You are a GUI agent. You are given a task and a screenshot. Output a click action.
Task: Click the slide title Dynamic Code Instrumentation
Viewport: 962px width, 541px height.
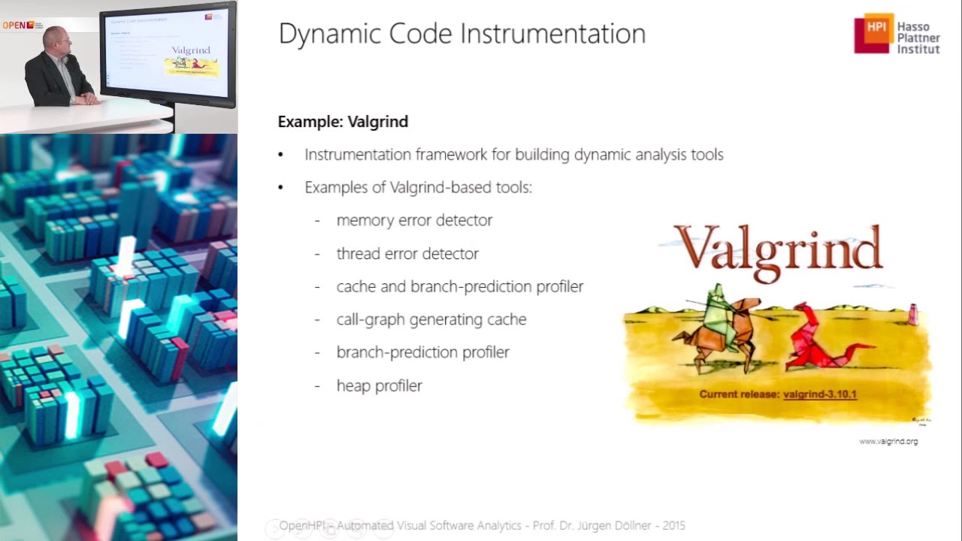click(x=461, y=35)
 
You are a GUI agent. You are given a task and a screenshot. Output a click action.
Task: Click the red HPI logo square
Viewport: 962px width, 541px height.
click(x=873, y=34)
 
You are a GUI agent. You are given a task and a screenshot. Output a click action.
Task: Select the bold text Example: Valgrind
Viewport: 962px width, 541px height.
click(x=343, y=122)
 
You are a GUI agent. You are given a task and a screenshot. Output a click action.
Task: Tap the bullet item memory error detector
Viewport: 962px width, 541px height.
click(x=414, y=220)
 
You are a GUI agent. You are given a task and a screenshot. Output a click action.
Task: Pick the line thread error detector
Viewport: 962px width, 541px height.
click(x=407, y=254)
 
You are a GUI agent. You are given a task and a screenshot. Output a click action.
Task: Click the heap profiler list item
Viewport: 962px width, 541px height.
click(x=379, y=385)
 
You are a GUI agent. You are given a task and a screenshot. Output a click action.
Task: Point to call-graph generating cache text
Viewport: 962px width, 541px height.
click(x=431, y=319)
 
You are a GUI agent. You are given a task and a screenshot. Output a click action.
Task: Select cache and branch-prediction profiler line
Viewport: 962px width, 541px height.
click(x=459, y=286)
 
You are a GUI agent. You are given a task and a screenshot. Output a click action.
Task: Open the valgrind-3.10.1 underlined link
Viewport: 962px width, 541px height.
click(x=819, y=394)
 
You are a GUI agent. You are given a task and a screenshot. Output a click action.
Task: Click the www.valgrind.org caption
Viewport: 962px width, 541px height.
click(x=888, y=441)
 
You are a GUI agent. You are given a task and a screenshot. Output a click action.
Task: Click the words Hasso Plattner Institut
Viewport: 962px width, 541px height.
click(x=918, y=38)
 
